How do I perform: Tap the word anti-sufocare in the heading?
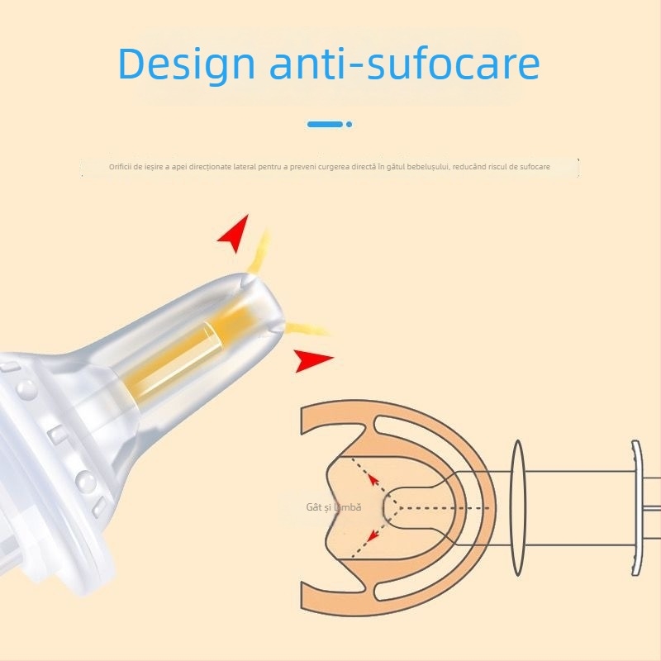click(x=405, y=64)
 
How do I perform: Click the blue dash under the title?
click(x=325, y=125)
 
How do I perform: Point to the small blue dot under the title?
click(x=349, y=125)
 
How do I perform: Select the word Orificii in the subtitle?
click(x=120, y=167)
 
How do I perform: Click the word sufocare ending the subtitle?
click(x=535, y=167)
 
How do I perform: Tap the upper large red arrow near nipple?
click(x=234, y=233)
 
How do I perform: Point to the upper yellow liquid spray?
click(x=259, y=252)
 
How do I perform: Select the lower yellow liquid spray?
click(x=307, y=328)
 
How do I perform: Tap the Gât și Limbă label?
click(x=334, y=507)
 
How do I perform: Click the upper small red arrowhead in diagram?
click(x=373, y=479)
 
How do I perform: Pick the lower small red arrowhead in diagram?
click(x=372, y=535)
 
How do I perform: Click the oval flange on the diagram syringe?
click(x=518, y=508)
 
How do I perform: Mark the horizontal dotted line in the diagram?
click(x=444, y=508)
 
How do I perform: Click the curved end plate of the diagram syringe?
click(x=636, y=508)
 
